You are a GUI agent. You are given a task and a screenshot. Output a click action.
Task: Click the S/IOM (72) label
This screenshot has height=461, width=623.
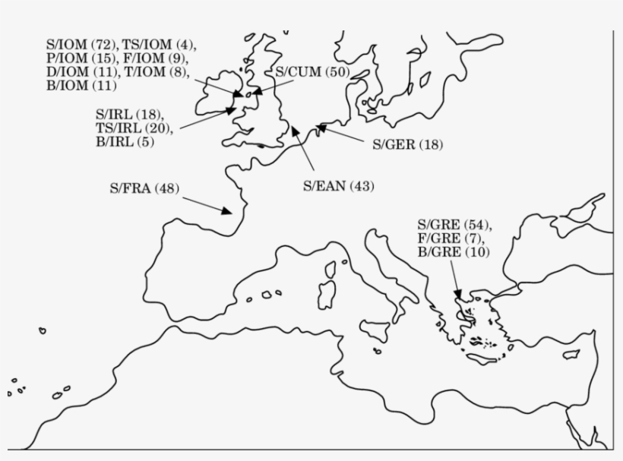click(73, 45)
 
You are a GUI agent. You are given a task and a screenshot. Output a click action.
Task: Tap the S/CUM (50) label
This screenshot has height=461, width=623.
click(311, 72)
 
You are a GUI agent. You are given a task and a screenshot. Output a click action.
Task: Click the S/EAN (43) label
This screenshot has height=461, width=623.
click(339, 186)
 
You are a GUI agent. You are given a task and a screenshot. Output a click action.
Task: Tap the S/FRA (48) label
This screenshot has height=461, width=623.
click(144, 189)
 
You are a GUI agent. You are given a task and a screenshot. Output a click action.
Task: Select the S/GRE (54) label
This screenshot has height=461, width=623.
click(454, 225)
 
